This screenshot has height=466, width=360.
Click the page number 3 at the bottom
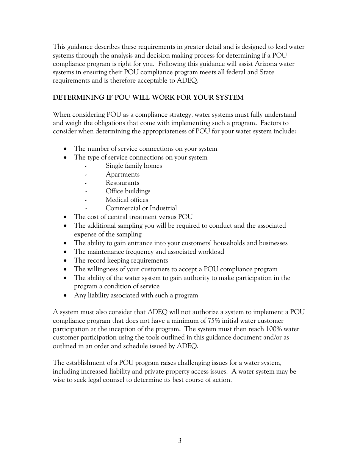tap(180, 441)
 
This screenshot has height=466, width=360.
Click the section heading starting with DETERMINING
tap(148, 97)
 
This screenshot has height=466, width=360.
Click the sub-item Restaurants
tap(122, 183)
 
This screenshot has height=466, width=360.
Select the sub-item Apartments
tap(122, 174)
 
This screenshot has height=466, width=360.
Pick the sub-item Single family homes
tap(134, 166)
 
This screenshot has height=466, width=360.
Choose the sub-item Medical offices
tap(127, 200)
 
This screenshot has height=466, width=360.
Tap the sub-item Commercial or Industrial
tap(141, 208)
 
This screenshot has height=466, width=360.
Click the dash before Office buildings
tap(86, 191)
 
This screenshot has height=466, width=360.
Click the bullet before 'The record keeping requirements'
tap(66, 261)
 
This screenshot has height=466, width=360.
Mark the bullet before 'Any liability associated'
tap(66, 296)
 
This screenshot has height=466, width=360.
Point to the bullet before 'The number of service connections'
tap(66, 149)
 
